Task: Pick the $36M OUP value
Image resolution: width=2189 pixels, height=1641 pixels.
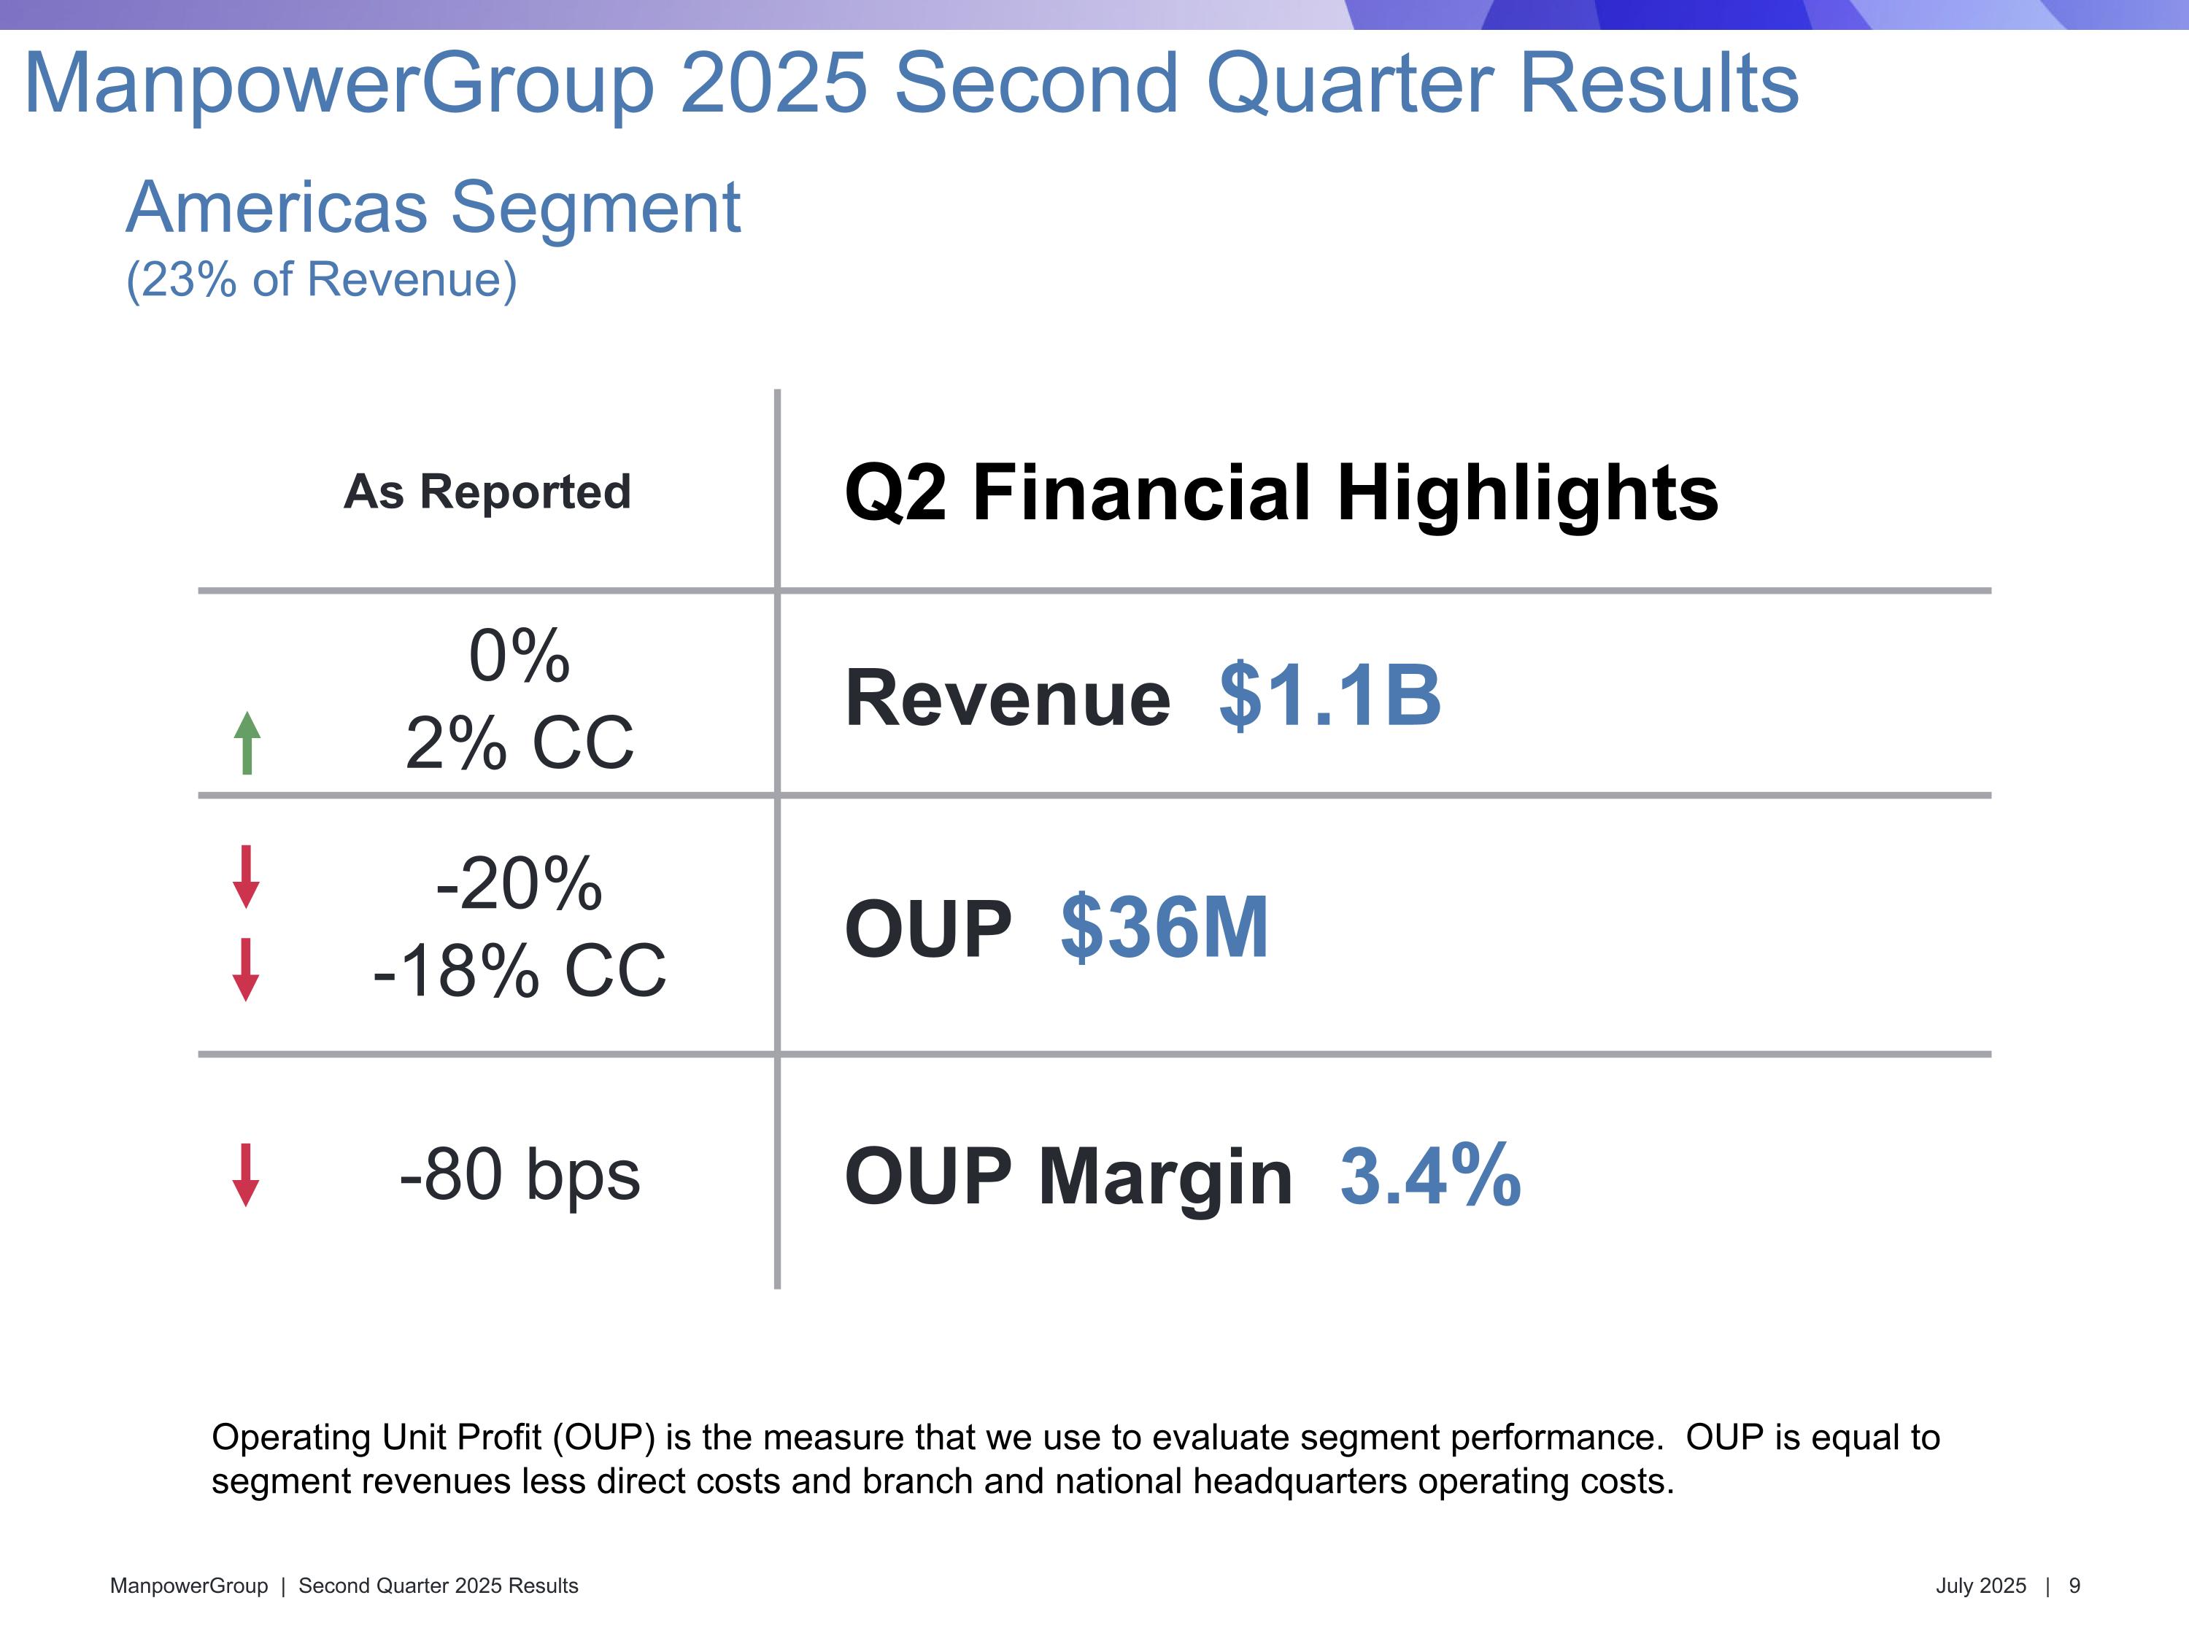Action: click(1164, 927)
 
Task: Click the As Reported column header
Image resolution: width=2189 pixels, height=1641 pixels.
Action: click(487, 492)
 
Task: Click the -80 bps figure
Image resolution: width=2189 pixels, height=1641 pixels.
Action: click(520, 1174)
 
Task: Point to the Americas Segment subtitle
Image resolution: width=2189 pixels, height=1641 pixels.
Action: click(433, 208)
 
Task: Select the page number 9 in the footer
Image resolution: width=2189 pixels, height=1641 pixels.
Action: click(2074, 1586)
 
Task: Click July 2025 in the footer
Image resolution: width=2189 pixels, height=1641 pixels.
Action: click(1980, 1586)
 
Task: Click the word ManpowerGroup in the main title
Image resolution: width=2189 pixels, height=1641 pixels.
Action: click(339, 84)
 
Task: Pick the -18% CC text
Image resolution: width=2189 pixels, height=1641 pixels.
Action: click(520, 970)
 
